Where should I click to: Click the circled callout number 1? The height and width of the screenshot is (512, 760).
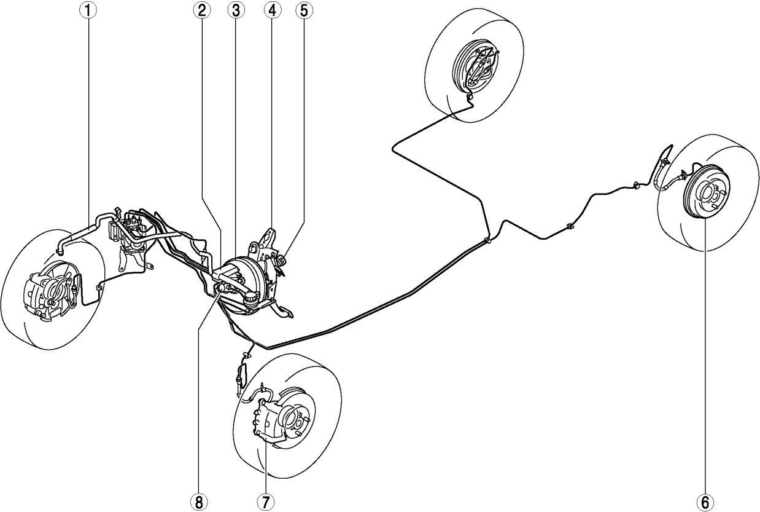point(88,10)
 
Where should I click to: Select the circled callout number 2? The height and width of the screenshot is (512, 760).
point(202,10)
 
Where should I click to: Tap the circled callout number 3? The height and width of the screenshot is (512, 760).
point(236,10)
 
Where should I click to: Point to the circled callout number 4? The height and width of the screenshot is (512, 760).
point(272,10)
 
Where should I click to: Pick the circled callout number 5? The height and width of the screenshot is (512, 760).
point(304,10)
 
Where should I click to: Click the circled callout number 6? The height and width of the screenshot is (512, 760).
point(705,501)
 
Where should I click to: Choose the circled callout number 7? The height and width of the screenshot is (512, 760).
point(265,501)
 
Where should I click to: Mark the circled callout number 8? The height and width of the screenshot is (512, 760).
point(199,501)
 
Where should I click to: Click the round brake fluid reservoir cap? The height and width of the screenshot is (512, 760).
point(251,298)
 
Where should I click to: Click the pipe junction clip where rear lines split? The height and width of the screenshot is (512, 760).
point(487,240)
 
